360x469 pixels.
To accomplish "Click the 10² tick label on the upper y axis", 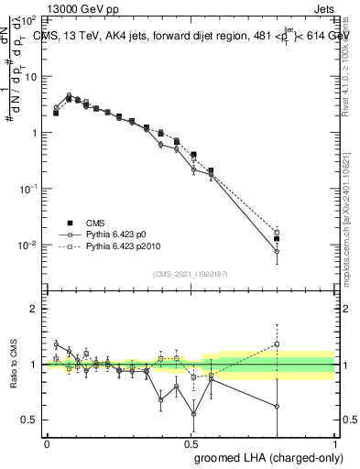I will tap(29, 19).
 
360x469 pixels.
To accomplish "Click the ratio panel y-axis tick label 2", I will tap(34, 309).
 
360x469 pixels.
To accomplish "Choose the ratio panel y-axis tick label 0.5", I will tap(30, 420).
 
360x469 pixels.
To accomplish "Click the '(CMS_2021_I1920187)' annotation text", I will tap(190, 273).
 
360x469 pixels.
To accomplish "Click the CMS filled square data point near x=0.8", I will tap(277, 238).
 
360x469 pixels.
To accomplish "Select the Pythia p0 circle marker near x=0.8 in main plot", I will tap(277, 251).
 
